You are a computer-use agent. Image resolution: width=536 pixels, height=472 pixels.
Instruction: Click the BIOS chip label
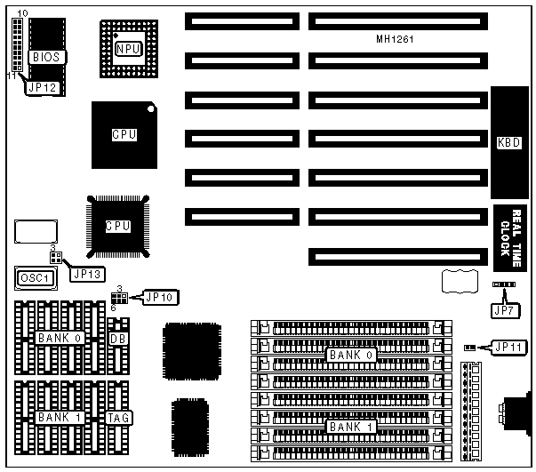coord(44,56)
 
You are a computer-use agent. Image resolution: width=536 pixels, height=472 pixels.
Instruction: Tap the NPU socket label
coord(128,41)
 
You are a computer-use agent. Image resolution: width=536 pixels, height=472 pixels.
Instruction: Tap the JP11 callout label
coord(508,346)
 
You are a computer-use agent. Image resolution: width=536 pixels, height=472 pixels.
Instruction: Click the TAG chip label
coord(118,417)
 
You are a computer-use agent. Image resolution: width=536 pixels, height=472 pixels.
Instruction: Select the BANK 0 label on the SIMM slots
coord(345,355)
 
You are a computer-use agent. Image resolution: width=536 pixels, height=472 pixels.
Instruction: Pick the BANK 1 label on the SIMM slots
coord(345,426)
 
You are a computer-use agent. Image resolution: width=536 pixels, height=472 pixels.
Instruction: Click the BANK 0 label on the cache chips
coord(59,338)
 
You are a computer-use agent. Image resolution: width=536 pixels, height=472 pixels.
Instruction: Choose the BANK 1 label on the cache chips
coord(59,417)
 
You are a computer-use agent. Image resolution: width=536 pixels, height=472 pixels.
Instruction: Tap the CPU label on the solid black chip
coord(124,135)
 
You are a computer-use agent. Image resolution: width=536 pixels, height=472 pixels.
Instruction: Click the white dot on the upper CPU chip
coord(152,109)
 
